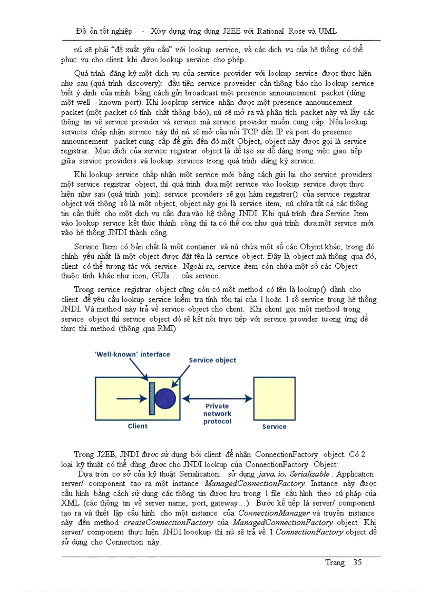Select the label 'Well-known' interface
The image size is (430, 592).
(132, 354)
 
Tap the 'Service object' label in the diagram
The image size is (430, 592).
(212, 360)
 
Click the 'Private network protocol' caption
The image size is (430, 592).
(217, 414)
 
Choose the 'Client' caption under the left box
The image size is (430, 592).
(138, 426)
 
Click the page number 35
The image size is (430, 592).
(357, 562)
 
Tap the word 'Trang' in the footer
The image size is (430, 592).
(335, 562)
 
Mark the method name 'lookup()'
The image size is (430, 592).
(299, 289)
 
